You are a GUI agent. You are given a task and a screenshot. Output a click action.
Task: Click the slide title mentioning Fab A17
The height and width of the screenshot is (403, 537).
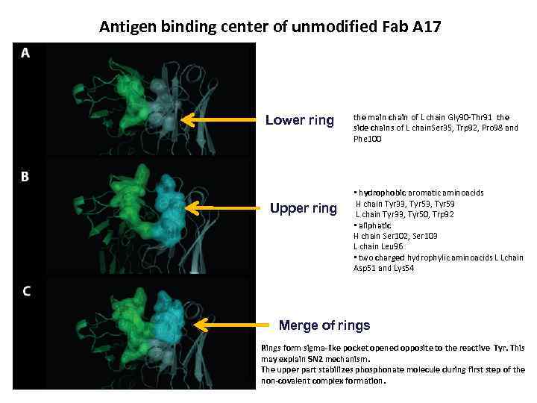270,28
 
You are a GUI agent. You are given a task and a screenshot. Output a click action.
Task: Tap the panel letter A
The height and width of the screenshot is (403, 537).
25,53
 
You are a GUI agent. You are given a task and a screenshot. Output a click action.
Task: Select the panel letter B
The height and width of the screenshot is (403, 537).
25,177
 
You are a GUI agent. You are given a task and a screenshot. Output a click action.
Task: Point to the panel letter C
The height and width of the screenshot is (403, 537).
26,291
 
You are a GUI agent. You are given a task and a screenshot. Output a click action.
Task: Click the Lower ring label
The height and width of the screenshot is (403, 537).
300,120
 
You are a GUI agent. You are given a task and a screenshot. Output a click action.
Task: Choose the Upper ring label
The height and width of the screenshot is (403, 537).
303,208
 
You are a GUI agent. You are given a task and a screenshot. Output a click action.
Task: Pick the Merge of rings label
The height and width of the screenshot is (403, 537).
324,325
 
